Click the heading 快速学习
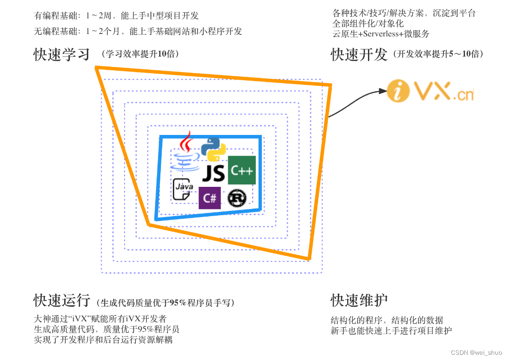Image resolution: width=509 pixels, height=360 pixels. [x=62, y=55]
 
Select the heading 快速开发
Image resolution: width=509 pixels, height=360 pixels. [x=359, y=55]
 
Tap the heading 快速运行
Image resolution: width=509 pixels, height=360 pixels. [x=62, y=301]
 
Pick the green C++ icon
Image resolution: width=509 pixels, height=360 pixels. [x=242, y=170]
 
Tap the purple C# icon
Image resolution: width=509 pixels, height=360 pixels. [x=209, y=198]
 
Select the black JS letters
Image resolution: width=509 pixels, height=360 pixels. [x=214, y=174]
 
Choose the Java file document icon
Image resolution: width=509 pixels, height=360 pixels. [x=183, y=189]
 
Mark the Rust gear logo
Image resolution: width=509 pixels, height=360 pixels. [x=237, y=198]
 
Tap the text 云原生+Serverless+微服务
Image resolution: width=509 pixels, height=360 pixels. [x=381, y=34]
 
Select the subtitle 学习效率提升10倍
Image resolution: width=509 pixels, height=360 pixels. [x=140, y=54]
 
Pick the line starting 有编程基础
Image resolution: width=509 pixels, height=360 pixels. [x=117, y=16]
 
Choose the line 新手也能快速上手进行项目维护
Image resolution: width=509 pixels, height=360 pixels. [x=391, y=331]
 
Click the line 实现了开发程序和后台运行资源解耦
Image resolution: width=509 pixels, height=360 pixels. [x=103, y=340]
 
